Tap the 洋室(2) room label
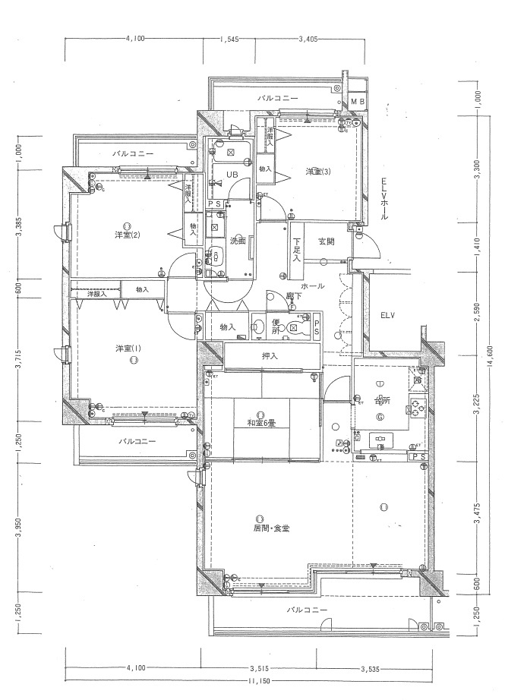coord(126,235)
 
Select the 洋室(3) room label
coord(317,172)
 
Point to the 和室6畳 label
coord(260,423)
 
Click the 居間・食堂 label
coord(271,528)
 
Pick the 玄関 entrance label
coord(327,241)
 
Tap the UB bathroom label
coord(233,175)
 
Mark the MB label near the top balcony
coord(357,101)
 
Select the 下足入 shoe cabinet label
coord(296,250)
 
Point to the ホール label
coord(313,286)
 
